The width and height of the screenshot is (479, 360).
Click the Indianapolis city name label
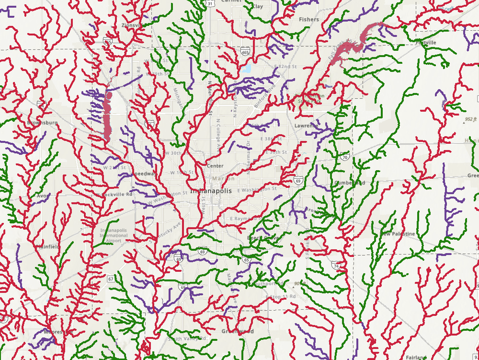point(211,191)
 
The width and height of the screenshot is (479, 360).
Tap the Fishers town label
point(308,20)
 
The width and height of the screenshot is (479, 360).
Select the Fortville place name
point(426,43)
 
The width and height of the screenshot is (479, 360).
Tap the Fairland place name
point(415,357)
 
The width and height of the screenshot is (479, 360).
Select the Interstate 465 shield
point(245,53)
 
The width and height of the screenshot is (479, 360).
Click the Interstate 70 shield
point(345,157)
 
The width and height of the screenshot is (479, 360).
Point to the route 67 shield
point(111,279)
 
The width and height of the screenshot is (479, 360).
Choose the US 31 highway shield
point(210,3)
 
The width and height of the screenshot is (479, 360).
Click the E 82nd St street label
point(283,65)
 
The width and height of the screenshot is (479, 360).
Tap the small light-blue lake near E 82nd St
point(247,69)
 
